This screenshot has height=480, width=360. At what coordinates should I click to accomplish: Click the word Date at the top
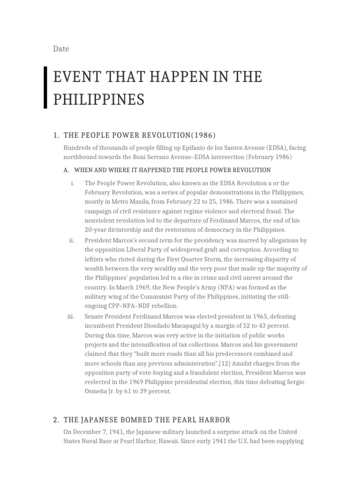click(x=60, y=48)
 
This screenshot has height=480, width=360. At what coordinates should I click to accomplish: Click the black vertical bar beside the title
click(x=45, y=88)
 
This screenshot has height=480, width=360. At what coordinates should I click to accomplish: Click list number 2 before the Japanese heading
click(x=56, y=420)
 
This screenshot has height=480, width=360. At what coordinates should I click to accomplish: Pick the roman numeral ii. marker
click(x=72, y=240)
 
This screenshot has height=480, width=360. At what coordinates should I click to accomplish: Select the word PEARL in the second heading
click(x=177, y=420)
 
